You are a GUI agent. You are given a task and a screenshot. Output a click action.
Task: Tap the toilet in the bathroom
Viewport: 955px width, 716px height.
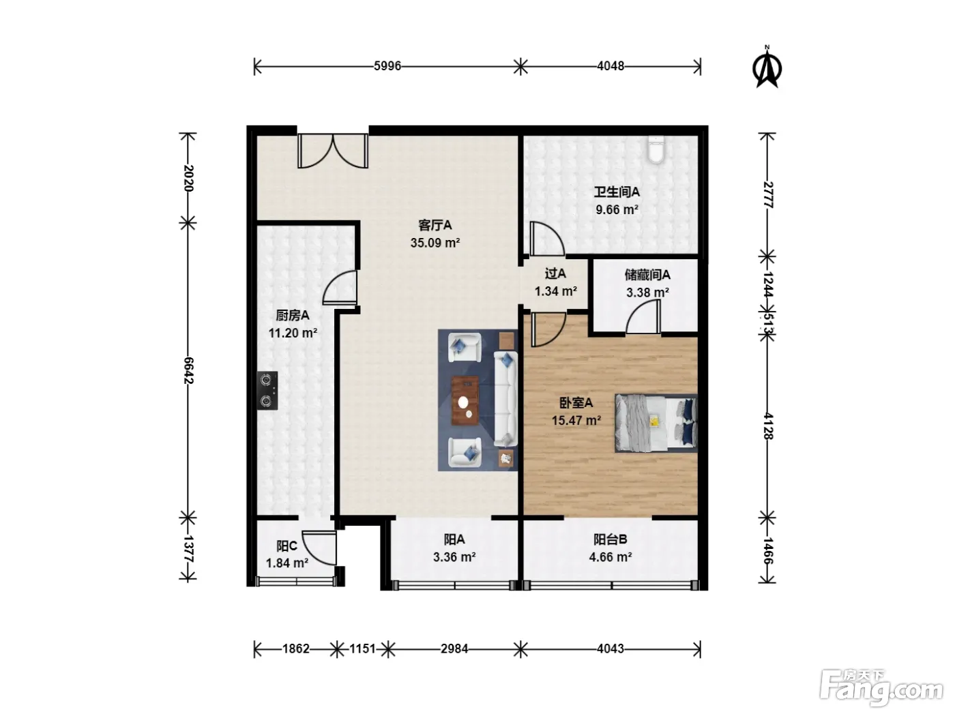tap(656, 149)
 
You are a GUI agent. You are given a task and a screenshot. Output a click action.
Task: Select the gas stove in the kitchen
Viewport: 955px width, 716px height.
tap(267, 390)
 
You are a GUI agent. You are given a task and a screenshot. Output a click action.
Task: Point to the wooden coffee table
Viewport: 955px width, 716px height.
tap(465, 400)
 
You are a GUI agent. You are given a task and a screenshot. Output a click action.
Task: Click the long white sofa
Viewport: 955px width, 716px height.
tap(505, 399)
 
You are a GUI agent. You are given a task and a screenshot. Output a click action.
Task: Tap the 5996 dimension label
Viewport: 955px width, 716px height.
tap(387, 66)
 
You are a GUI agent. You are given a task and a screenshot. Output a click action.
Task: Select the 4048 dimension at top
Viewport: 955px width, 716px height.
tap(611, 66)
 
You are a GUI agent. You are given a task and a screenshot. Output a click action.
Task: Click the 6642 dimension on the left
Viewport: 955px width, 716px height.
tap(188, 370)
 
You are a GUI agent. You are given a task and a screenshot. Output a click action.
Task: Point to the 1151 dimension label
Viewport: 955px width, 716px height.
tap(362, 649)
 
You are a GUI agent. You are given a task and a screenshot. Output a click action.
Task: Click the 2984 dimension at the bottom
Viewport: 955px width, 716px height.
tap(454, 649)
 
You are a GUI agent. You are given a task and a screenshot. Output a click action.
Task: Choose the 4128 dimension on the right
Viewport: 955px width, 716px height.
tap(767, 426)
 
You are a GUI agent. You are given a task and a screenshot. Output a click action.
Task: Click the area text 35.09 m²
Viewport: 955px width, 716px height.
tap(435, 243)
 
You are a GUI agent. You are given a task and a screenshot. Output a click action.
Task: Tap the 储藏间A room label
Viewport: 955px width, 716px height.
tap(647, 275)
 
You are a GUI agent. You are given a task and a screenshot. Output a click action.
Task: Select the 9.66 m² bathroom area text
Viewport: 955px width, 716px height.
tap(617, 210)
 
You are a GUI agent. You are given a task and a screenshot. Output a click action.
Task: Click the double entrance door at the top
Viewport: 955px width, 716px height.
tap(333, 151)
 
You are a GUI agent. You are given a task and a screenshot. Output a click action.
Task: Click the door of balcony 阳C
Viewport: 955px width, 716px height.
tap(319, 548)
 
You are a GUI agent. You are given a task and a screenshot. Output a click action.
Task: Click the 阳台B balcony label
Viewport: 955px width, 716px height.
tap(610, 539)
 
